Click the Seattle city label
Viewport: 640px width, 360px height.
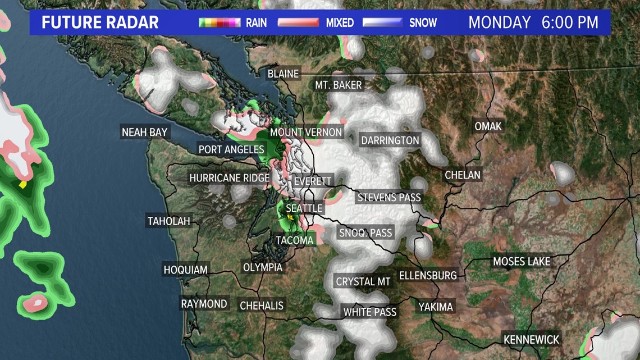[304, 208]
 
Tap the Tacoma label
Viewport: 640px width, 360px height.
[295, 240]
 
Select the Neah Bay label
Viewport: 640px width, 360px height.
[145, 133]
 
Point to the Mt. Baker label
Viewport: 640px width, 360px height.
[339, 85]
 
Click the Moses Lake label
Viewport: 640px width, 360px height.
[522, 262]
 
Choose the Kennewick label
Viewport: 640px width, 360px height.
[532, 340]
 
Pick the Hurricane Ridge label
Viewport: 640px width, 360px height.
[230, 178]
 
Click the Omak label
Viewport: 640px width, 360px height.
[488, 126]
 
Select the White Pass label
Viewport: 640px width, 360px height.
[370, 312]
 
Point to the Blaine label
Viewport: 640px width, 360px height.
[283, 74]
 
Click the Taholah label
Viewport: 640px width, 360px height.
[168, 221]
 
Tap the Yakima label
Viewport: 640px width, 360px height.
[436, 307]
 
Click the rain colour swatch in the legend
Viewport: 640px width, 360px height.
[220, 23]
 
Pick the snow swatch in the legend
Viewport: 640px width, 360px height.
[382, 23]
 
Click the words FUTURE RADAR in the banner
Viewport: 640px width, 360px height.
[100, 23]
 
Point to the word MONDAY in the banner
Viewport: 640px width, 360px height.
[500, 22]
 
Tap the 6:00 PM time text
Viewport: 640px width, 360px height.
[570, 22]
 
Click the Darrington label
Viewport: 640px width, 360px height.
[390, 140]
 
